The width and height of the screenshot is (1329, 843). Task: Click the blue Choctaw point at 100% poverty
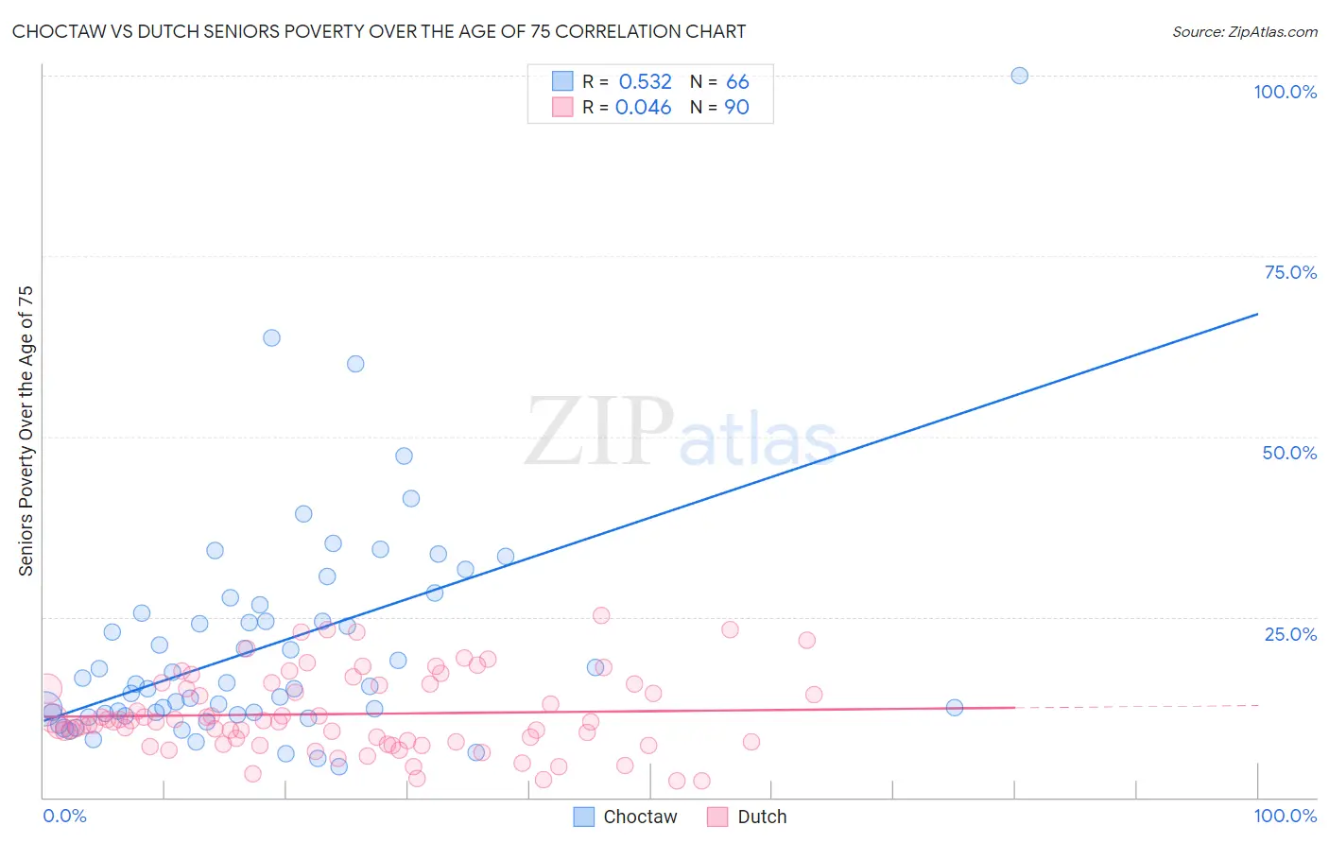[x=1019, y=76]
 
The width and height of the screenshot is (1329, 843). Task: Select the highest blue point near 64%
[x=271, y=337]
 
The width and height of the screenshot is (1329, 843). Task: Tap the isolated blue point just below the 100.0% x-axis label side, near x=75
[x=954, y=708]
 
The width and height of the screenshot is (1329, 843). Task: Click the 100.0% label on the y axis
[x=1285, y=92]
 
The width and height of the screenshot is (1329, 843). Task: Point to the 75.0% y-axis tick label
[x=1290, y=272]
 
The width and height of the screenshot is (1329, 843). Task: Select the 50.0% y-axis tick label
[x=1289, y=453]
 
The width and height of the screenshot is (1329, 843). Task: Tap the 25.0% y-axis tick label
[x=1290, y=634]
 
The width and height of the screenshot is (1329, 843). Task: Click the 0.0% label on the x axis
[x=64, y=816]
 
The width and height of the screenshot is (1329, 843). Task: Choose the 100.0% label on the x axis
[x=1285, y=816]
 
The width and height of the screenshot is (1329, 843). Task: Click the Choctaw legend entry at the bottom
[x=626, y=817]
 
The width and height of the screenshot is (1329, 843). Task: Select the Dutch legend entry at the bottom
[x=748, y=817]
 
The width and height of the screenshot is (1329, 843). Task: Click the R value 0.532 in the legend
[x=645, y=82]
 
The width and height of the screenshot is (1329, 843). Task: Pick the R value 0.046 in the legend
[x=643, y=108]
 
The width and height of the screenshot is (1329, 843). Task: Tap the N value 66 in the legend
[x=737, y=82]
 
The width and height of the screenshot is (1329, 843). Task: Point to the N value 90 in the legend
[x=736, y=108]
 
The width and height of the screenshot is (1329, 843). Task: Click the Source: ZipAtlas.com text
[x=1244, y=32]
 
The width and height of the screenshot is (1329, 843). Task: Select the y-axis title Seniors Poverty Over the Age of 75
[x=26, y=431]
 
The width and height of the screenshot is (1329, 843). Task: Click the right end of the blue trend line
[x=1257, y=314]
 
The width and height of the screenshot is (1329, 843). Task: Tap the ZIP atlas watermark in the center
[x=681, y=433]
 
